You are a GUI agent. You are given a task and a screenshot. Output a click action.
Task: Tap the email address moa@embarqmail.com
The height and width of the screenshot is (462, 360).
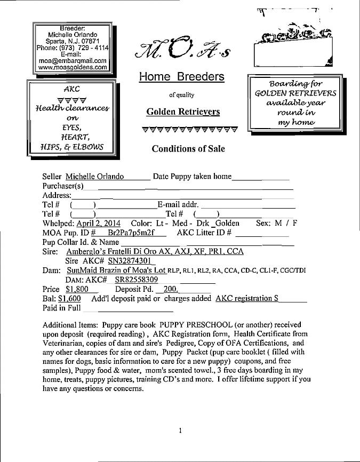73,61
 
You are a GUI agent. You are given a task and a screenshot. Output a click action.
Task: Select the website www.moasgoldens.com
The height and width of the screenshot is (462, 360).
73,68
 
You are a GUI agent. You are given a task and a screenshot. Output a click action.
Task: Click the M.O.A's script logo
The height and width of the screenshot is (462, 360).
181,50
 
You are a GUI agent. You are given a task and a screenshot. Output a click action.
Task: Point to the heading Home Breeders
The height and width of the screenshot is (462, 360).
181,77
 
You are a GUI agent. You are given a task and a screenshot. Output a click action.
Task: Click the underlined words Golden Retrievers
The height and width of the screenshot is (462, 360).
183,112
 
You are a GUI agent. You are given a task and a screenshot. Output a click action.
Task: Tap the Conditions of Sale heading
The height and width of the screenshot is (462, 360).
188,149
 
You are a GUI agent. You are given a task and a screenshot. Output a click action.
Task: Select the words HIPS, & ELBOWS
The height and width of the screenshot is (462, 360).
71,147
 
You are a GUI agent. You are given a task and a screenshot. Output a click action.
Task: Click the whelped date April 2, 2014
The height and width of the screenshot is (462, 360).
98,223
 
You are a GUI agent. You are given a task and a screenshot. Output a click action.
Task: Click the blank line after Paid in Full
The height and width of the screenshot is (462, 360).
136,308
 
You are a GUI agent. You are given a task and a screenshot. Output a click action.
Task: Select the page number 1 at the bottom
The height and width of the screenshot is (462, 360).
181,430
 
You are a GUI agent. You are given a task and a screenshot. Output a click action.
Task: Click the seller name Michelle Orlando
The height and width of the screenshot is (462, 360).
94,177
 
